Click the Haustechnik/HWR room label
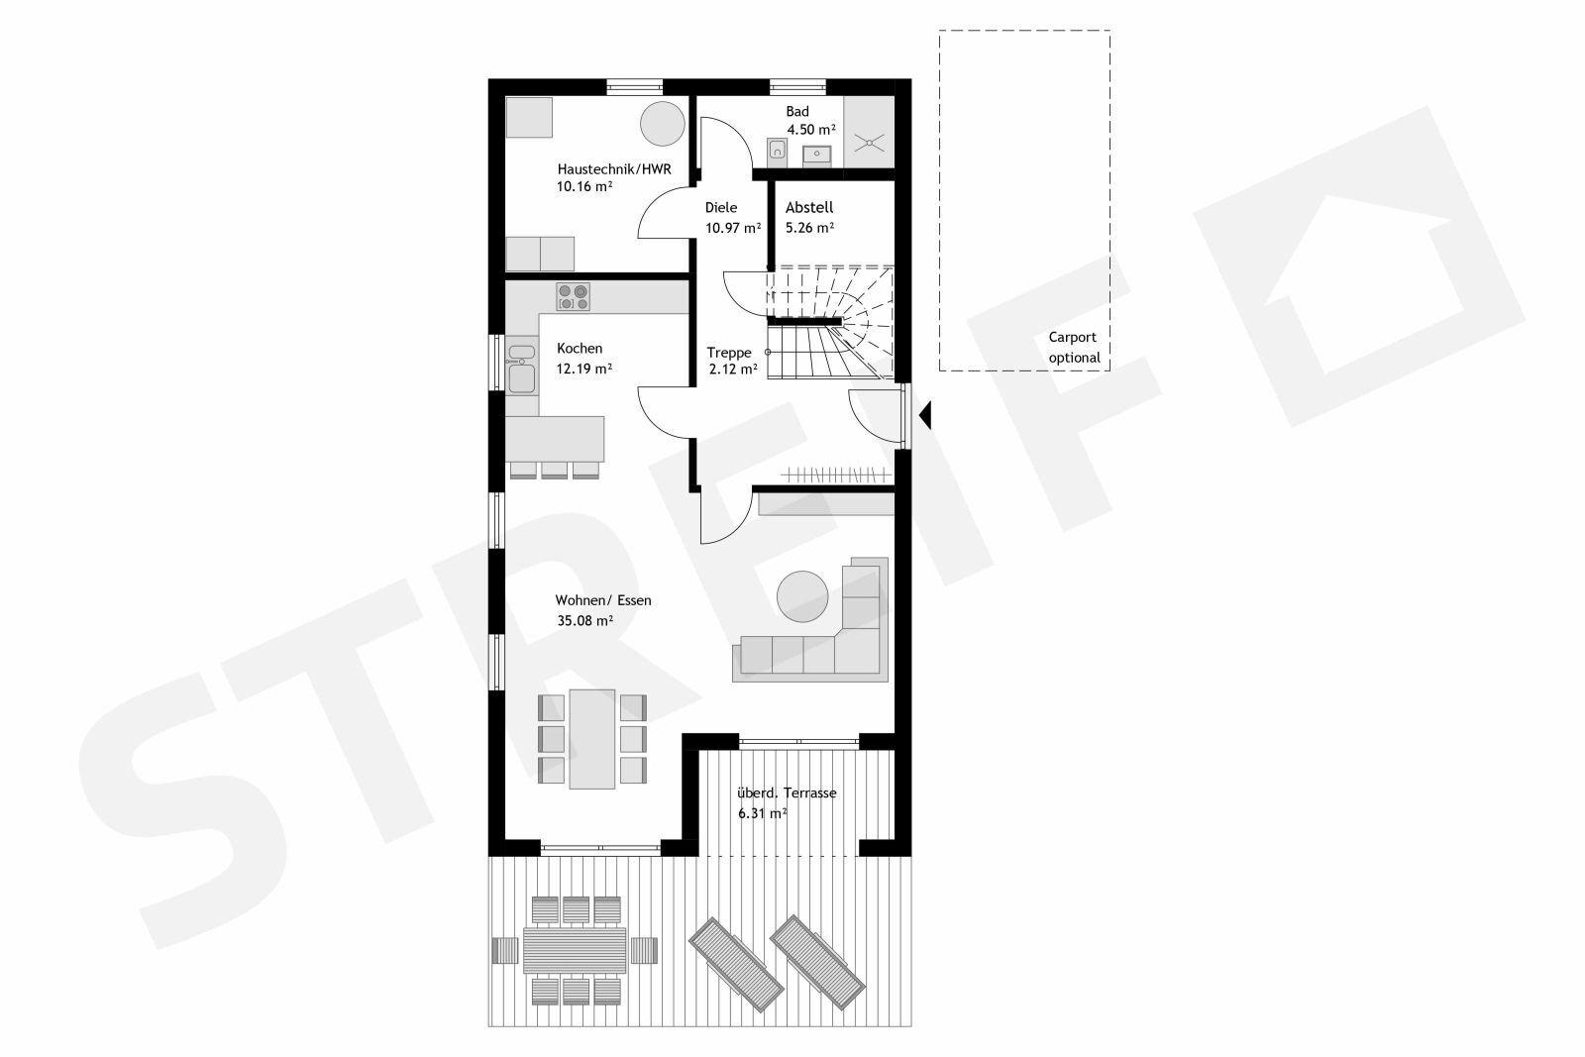(x=613, y=169)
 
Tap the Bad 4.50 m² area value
(x=811, y=130)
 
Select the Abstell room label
(x=808, y=208)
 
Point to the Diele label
(x=721, y=208)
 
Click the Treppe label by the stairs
(x=728, y=352)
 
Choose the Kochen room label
(x=579, y=349)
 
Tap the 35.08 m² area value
(x=584, y=621)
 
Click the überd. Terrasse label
(x=787, y=793)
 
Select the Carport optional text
(x=1074, y=348)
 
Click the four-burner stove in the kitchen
(x=573, y=297)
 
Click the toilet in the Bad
(x=778, y=152)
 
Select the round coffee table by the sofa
(x=803, y=596)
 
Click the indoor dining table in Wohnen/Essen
(x=592, y=738)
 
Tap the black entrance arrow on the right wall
(x=926, y=415)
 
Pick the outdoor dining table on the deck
(x=576, y=948)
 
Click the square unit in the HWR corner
(x=529, y=118)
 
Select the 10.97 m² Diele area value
(x=733, y=228)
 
